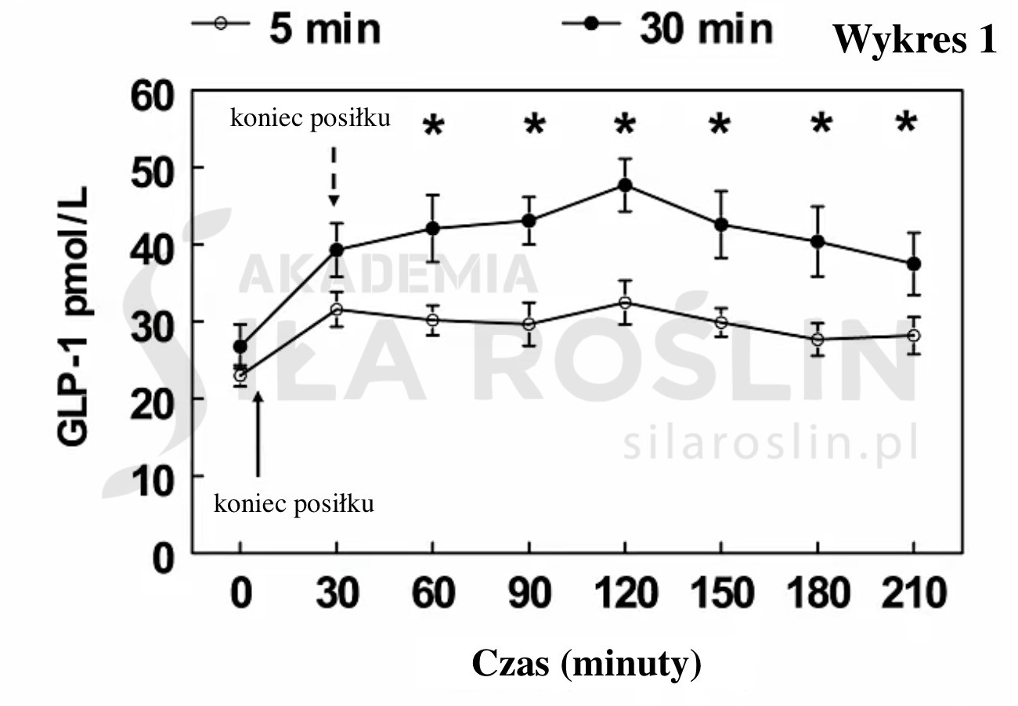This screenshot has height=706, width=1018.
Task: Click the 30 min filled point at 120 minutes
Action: (x=625, y=186)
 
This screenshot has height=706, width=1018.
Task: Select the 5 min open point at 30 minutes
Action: (x=337, y=309)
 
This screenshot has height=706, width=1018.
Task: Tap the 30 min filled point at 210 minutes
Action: (x=913, y=264)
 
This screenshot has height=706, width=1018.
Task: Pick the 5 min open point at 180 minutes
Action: (x=818, y=340)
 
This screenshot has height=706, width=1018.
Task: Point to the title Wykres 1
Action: (x=914, y=39)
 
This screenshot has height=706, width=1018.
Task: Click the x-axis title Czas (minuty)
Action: (x=587, y=665)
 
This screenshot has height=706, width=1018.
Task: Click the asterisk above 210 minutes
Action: (x=906, y=124)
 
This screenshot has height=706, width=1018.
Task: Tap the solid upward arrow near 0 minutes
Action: (x=258, y=434)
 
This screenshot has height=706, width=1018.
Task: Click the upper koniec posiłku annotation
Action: (x=310, y=119)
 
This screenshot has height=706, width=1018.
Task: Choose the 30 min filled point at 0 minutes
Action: (x=240, y=346)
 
